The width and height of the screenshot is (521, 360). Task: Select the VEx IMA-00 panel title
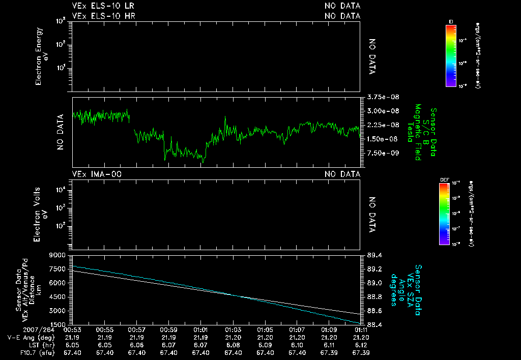[96, 174]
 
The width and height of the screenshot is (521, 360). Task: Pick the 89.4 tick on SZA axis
[375, 255]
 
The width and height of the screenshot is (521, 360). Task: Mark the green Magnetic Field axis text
[417, 132]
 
